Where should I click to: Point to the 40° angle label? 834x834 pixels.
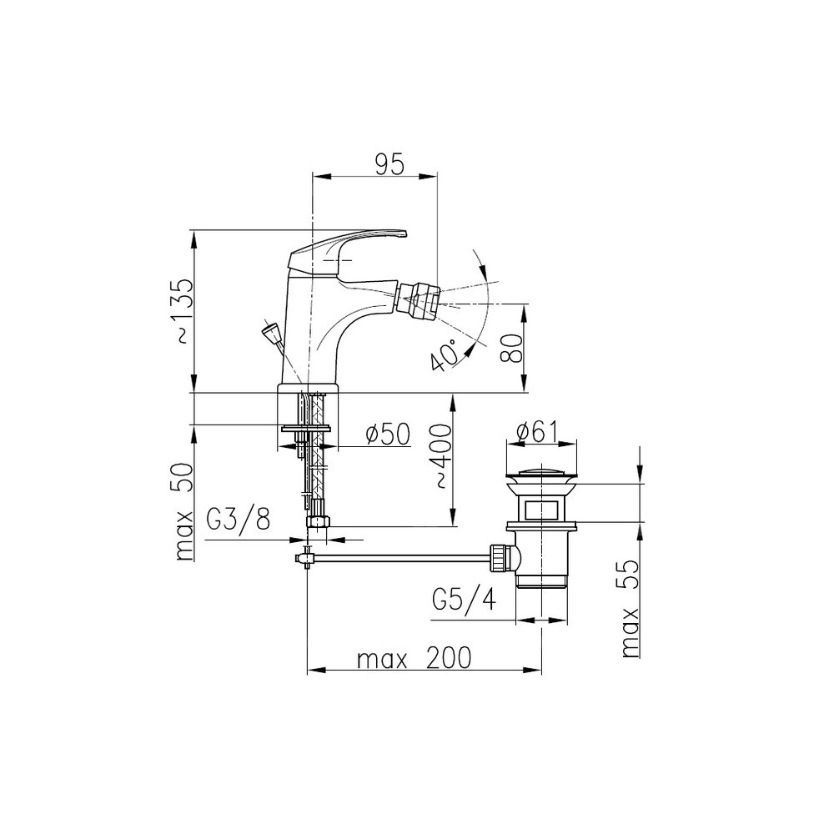(445, 354)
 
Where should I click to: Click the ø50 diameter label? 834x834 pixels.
(389, 434)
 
